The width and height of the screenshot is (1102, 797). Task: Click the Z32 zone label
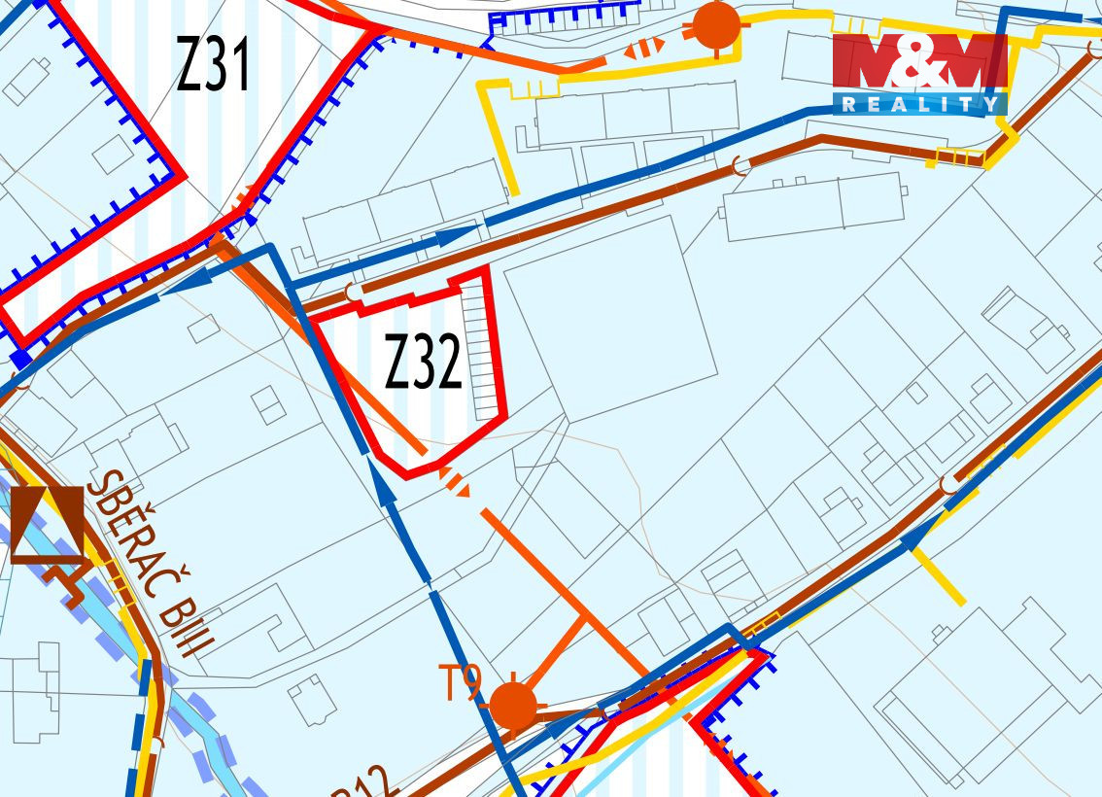(x=423, y=362)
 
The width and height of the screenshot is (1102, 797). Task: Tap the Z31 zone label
(x=214, y=64)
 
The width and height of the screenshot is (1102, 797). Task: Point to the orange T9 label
(x=461, y=683)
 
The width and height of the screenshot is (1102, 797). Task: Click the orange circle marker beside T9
(x=512, y=705)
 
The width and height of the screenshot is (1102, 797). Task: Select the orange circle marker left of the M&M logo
(x=717, y=26)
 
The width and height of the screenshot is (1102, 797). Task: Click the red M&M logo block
(x=918, y=64)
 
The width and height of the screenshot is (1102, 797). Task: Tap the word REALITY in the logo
(x=918, y=104)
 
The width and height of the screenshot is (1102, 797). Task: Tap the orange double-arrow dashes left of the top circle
(x=643, y=46)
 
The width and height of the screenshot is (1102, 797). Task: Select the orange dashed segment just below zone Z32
(x=457, y=480)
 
